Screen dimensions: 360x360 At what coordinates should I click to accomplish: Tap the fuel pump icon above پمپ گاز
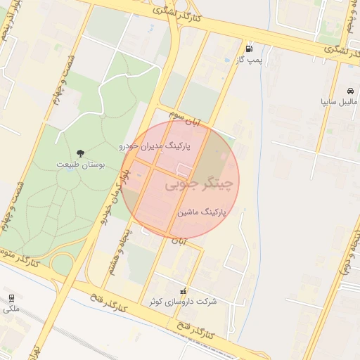pyautogui.click(x=249, y=49)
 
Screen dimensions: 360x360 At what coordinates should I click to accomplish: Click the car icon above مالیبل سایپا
pyautogui.click(x=350, y=91)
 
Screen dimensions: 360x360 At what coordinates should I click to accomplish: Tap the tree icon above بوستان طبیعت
pyautogui.click(x=81, y=152)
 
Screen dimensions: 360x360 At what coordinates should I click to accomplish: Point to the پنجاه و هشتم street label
pyautogui.click(x=117, y=250)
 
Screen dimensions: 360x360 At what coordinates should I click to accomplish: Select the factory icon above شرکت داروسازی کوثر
pyautogui.click(x=184, y=290)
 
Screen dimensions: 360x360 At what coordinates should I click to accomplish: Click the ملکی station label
pyautogui.click(x=11, y=307)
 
